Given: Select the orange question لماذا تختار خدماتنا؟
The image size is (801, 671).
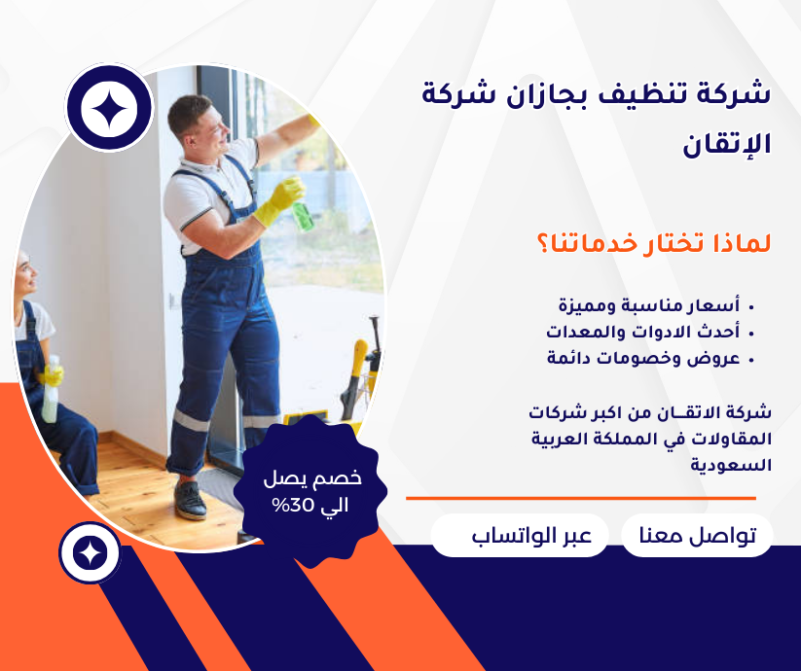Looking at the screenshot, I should coord(653,242).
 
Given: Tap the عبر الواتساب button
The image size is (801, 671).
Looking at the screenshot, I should coord(520,536).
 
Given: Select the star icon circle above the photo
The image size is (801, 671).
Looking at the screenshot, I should coord(109,109).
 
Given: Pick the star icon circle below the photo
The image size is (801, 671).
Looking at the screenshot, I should coord(90,553).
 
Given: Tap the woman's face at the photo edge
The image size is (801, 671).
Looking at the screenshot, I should coord(24,275).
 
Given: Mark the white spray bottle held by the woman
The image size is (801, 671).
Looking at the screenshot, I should coord(50,394).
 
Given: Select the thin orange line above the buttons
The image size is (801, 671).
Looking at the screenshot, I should coord(580,498).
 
